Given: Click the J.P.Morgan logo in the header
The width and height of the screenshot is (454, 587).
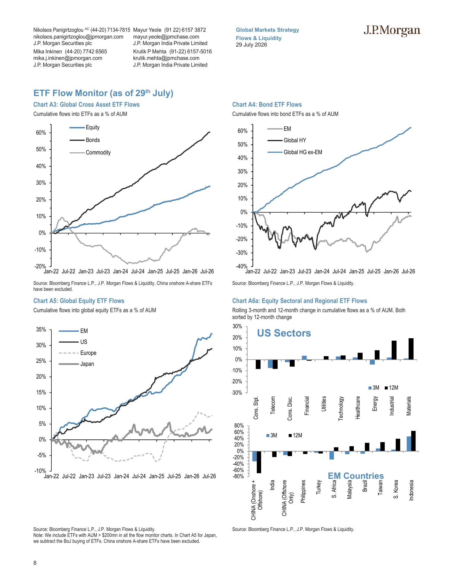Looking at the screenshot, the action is [x=392, y=31].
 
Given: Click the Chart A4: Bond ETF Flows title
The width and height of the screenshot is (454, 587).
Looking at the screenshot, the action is [x=267, y=104].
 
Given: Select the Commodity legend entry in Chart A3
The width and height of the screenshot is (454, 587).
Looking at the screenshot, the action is [x=90, y=152].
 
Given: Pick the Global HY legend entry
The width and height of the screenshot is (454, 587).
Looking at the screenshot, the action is [x=287, y=140].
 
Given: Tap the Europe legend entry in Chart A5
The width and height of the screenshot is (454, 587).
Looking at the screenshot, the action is [x=78, y=353].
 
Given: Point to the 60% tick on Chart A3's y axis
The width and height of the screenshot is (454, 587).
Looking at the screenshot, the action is [x=41, y=133].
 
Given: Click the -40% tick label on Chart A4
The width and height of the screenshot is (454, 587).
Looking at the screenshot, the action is [x=242, y=266].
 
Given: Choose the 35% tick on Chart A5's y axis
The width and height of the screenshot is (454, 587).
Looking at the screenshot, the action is [x=41, y=329].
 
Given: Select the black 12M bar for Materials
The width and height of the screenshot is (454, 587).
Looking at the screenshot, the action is [x=411, y=349].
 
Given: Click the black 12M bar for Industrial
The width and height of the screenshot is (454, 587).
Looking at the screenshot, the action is [x=394, y=350].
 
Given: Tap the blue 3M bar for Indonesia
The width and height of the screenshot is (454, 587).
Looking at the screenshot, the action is [x=409, y=444].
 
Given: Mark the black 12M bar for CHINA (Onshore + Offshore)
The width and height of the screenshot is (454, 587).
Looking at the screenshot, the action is [x=259, y=462].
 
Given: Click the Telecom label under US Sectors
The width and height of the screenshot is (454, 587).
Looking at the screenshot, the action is [x=273, y=405].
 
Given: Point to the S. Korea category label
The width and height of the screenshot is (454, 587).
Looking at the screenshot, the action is [x=396, y=489].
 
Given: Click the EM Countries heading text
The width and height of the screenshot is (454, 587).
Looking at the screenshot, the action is [x=356, y=476].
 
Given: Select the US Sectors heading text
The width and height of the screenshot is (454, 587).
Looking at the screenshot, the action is [x=284, y=333].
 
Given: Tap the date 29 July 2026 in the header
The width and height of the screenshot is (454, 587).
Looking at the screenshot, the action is [x=251, y=45].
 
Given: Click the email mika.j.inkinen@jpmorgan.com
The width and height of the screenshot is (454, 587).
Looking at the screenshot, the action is [x=68, y=58].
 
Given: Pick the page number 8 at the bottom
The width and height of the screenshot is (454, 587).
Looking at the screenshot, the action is [x=35, y=563].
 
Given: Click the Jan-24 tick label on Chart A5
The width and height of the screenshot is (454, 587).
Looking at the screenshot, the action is [x=122, y=476].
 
